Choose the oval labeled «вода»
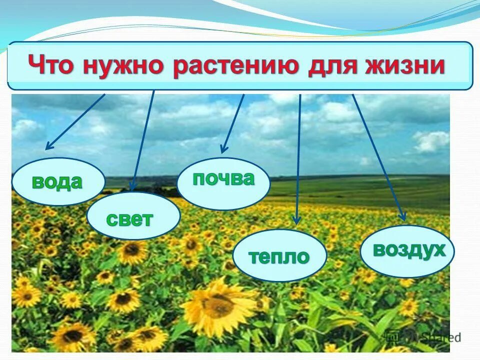click(x=58, y=181)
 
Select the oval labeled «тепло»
click(x=279, y=256)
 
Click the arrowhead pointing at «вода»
click(x=48, y=147)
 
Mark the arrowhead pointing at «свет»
click(x=132, y=187)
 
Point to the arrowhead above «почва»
click(x=223, y=149)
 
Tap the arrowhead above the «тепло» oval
click(x=296, y=221)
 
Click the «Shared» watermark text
click(x=440, y=338)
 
